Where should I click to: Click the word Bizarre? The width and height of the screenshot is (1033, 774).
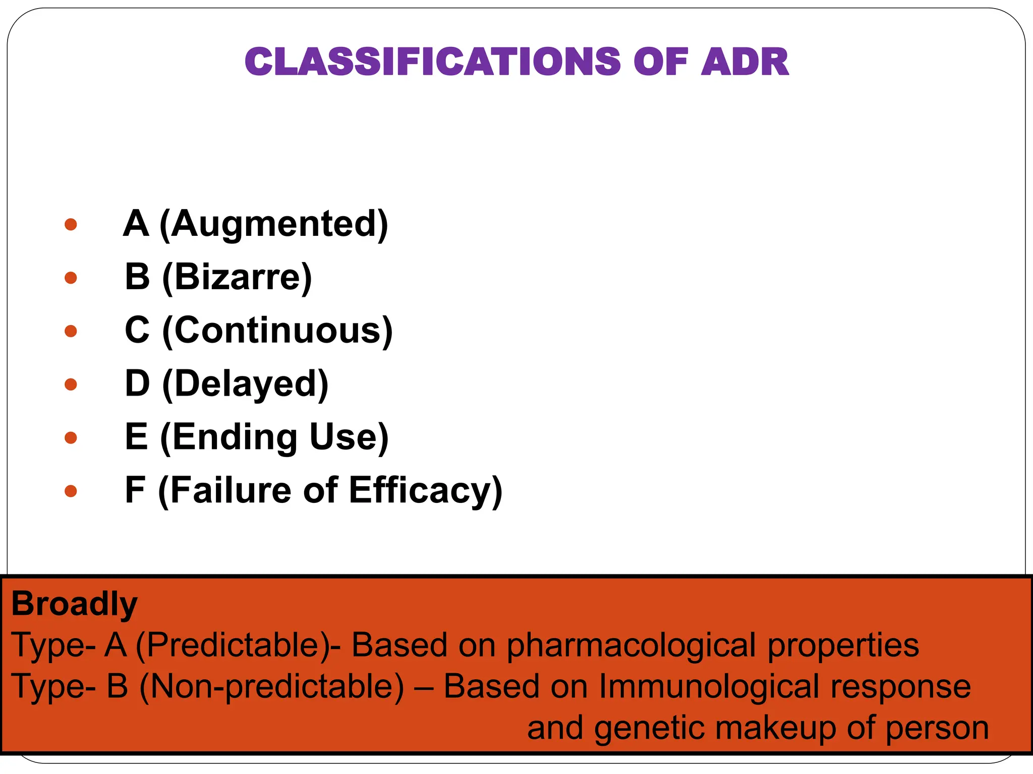click(x=237, y=277)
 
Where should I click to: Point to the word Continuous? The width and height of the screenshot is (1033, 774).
click(x=277, y=331)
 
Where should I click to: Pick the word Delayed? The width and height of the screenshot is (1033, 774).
click(x=245, y=384)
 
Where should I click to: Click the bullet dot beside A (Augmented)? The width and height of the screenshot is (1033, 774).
click(x=71, y=224)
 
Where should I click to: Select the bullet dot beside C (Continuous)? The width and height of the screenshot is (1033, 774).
click(x=71, y=331)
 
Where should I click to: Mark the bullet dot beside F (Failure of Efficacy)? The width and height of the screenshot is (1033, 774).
click(x=71, y=491)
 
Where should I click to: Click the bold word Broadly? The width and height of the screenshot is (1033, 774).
click(x=74, y=604)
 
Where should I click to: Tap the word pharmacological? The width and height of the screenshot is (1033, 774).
click(x=630, y=646)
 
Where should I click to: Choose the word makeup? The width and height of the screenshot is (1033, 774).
click(x=775, y=729)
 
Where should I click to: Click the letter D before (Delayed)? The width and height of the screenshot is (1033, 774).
click(x=137, y=384)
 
